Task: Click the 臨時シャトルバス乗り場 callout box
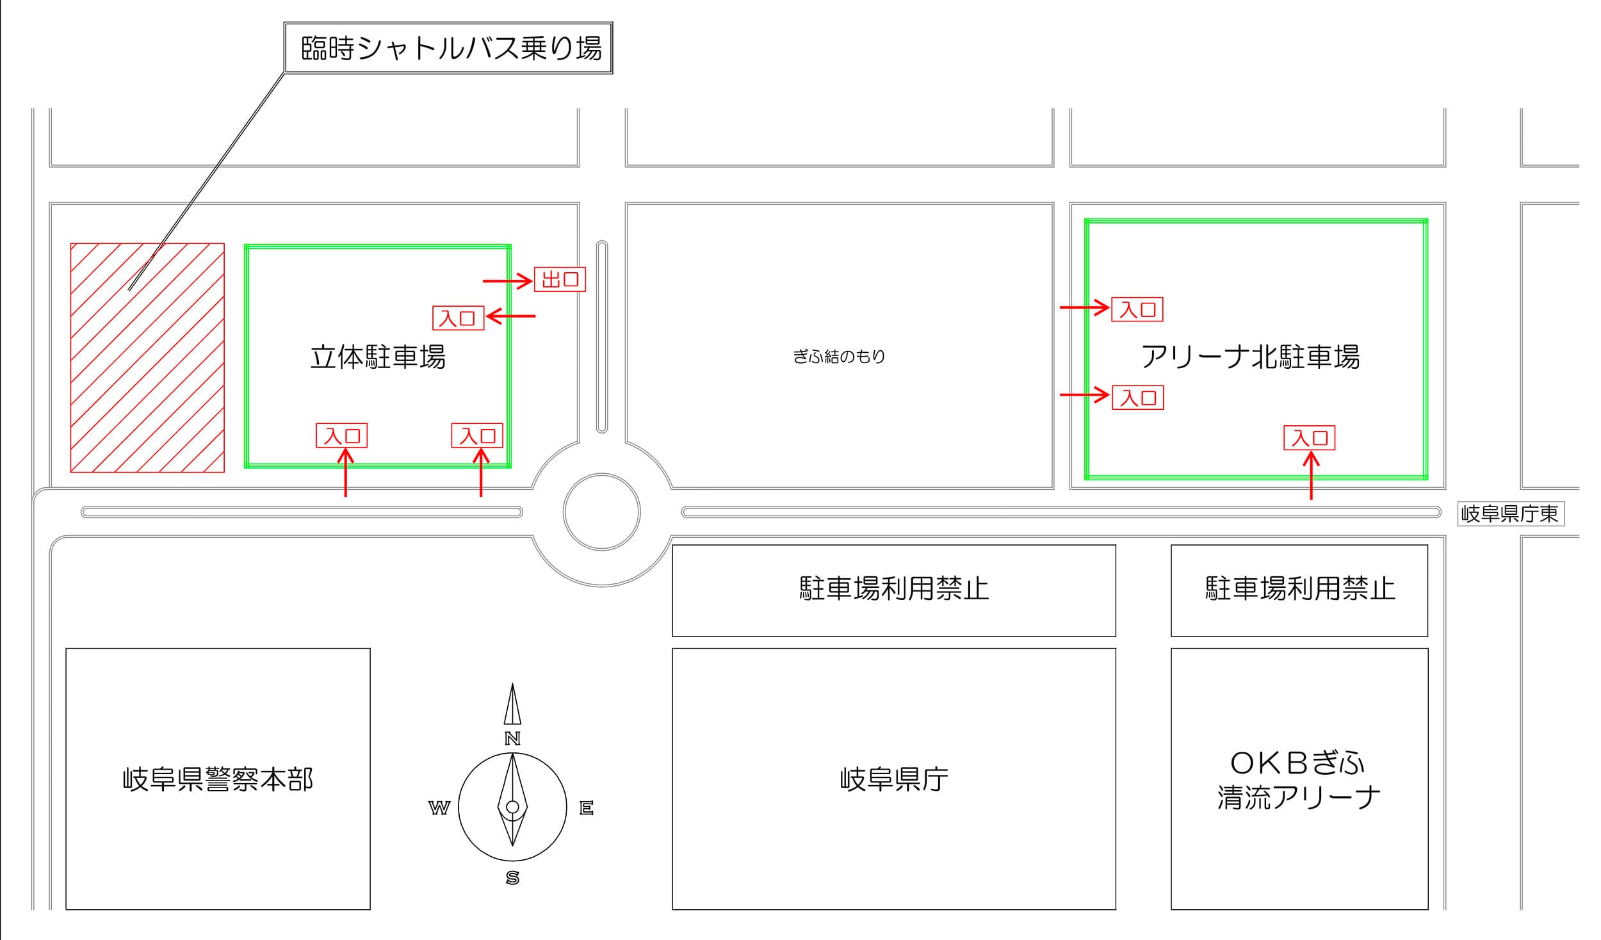448,48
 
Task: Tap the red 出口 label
560,279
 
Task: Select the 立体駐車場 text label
378,357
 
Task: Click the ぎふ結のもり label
839,356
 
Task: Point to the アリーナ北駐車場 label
1250,357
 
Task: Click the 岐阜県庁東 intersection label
1511,514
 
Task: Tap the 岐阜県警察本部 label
218,779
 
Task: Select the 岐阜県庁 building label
894,779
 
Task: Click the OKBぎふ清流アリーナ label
1299,780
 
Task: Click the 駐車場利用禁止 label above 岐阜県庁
894,588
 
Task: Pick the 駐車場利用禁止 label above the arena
1300,588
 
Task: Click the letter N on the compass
512,738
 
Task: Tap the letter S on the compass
512,878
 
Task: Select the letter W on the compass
439,808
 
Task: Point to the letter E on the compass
587,808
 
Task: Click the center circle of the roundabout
602,512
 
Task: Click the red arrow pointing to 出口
507,280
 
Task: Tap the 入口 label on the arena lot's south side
1310,438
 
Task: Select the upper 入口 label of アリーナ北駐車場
1137,309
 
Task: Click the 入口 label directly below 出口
458,318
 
